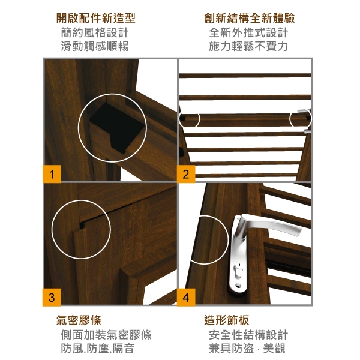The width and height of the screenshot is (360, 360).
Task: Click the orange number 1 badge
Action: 52,174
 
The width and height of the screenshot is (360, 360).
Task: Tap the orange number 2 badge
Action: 186,174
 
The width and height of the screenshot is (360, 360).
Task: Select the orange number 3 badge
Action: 52,298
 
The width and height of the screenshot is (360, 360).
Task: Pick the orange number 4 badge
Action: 186,298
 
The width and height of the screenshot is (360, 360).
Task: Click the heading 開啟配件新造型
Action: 96,18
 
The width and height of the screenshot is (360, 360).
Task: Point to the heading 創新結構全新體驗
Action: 250,18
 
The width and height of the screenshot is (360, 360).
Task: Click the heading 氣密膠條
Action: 79,320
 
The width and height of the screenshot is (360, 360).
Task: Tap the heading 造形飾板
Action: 226,320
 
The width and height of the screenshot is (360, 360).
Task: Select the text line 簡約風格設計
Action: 95,32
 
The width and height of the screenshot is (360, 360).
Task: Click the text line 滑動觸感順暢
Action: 95,46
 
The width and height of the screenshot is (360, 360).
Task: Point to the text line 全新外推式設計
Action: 248,32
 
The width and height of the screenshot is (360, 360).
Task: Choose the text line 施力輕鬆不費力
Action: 248,46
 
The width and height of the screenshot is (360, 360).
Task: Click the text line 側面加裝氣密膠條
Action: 106,335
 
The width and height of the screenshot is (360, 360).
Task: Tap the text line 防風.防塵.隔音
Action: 98,348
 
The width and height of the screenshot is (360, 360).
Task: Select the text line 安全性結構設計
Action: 248,335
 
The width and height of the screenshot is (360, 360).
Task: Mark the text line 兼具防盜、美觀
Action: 247,348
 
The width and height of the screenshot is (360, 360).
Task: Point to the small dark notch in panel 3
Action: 82,226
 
